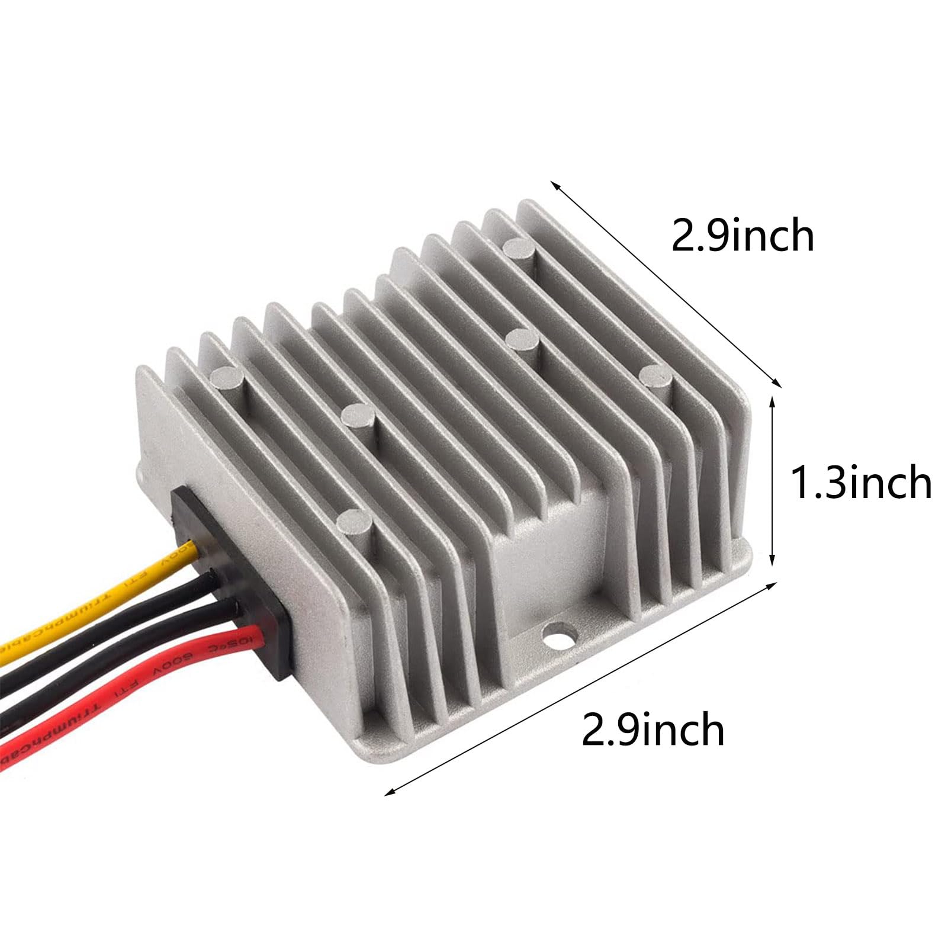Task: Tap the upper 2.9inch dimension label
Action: [743, 236]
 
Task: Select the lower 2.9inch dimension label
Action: [653, 730]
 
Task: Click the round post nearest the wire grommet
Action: [354, 522]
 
